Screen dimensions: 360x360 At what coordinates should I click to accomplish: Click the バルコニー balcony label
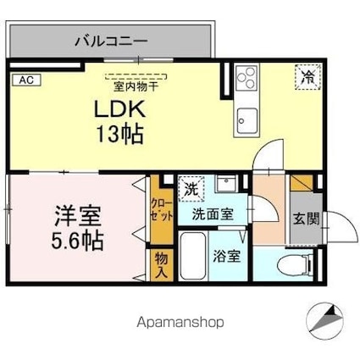(x=111, y=39)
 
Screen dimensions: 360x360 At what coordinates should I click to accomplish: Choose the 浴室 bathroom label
(x=226, y=254)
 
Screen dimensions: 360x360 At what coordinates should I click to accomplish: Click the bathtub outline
(x=192, y=259)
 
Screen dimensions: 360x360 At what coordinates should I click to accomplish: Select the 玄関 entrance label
(x=307, y=219)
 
